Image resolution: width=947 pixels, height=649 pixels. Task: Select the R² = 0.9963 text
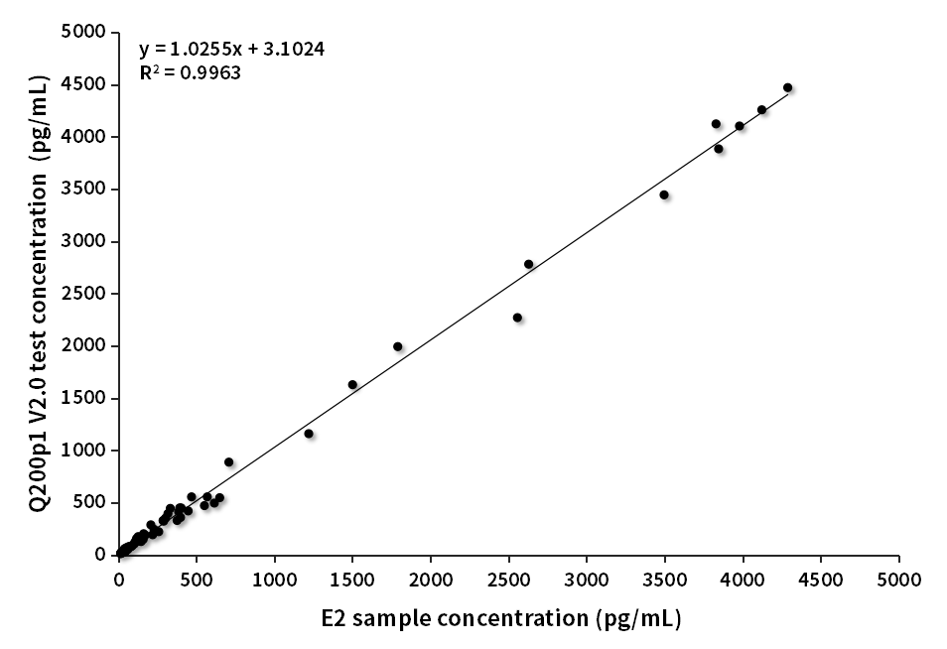[x=190, y=72]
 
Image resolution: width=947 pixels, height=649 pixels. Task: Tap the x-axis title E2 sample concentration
[x=500, y=618]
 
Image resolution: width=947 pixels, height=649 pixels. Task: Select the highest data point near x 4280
[x=787, y=87]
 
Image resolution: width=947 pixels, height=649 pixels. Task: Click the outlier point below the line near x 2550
[x=517, y=318]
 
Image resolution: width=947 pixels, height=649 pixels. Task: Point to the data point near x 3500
[x=664, y=195]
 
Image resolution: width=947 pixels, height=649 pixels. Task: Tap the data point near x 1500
[x=352, y=384]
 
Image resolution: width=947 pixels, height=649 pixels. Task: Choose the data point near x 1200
[x=309, y=434]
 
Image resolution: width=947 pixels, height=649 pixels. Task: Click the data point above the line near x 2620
[x=528, y=264]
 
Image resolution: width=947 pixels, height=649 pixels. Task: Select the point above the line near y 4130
[x=716, y=124]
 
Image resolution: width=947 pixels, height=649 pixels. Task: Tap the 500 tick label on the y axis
[x=92, y=502]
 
